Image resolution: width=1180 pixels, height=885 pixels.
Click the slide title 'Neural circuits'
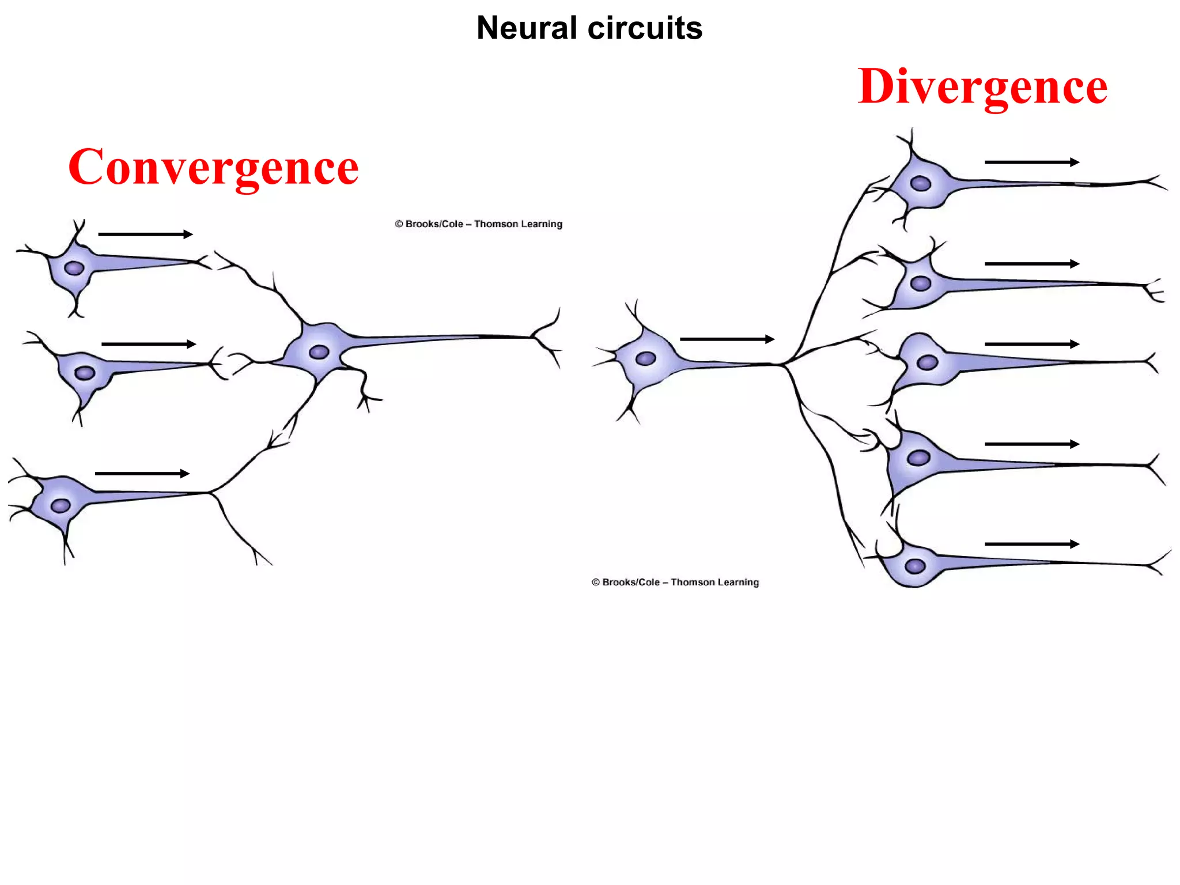tap(589, 28)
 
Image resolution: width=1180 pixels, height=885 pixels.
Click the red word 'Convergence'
tap(213, 167)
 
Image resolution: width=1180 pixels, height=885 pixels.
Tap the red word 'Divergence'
tap(982, 86)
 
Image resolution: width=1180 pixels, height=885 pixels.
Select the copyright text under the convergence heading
tap(478, 224)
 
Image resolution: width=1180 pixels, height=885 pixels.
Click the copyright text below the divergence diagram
tap(675, 582)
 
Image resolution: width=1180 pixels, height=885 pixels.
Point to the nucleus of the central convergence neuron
tap(319, 351)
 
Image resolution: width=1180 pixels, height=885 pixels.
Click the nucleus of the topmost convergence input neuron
tap(74, 268)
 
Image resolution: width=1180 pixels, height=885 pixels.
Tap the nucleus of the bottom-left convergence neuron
tap(60, 506)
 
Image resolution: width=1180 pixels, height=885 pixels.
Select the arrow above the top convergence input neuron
tap(145, 234)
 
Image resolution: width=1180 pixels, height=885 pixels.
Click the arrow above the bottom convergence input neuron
tap(142, 474)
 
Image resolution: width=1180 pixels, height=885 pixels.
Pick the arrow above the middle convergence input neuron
tap(149, 344)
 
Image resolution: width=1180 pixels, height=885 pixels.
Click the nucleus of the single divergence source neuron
tap(645, 358)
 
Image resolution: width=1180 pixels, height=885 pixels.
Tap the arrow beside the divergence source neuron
tap(727, 339)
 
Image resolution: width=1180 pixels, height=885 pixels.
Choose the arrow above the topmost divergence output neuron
tap(1031, 162)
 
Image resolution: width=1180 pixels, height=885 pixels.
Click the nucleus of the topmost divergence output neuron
tap(920, 184)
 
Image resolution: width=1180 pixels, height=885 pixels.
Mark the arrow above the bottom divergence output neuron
tap(1031, 544)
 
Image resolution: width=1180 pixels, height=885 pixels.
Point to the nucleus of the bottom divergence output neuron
tap(915, 566)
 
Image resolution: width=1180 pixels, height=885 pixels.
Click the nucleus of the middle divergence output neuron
tap(927, 362)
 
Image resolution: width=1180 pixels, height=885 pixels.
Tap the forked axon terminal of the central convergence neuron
tap(544, 337)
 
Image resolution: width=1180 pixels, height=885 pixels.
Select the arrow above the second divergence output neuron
tap(1031, 264)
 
